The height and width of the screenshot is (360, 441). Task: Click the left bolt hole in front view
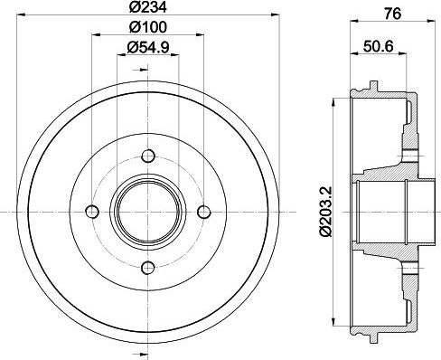click(91, 212)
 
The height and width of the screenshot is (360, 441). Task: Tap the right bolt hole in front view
click(203, 212)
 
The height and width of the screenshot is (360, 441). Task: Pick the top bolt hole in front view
click(147, 156)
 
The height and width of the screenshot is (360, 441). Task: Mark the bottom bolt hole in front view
click(147, 269)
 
